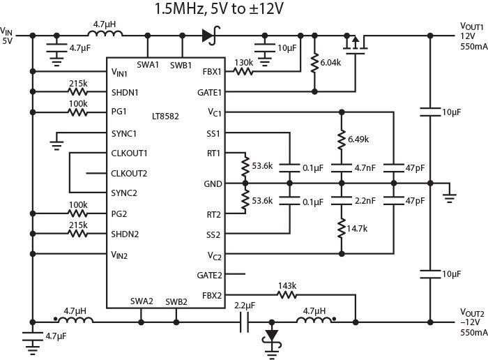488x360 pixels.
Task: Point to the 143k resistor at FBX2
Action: (287, 294)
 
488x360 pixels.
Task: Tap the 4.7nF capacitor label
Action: (363, 167)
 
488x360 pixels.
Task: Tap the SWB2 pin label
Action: (176, 301)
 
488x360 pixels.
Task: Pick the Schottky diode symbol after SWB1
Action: (208, 33)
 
